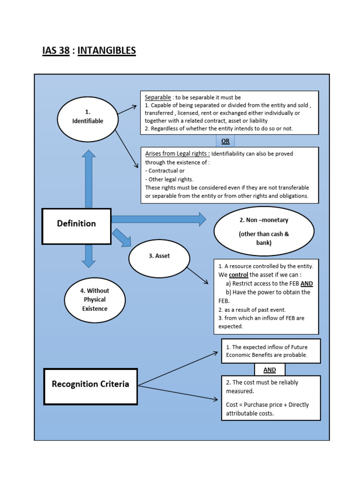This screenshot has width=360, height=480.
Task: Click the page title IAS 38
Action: (x=56, y=50)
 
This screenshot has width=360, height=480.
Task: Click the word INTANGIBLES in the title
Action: (x=106, y=50)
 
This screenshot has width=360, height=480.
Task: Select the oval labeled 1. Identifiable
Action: (x=88, y=117)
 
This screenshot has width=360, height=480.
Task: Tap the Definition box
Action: (x=76, y=226)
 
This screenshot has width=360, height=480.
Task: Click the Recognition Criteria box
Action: (x=90, y=386)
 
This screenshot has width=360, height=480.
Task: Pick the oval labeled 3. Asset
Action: (x=159, y=258)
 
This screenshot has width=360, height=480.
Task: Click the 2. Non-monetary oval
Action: (x=264, y=231)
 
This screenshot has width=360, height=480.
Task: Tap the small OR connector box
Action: (x=225, y=141)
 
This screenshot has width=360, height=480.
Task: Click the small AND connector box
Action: (x=270, y=370)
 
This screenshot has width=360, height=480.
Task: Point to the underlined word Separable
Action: (x=158, y=97)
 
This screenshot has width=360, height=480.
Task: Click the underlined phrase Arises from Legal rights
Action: (x=177, y=154)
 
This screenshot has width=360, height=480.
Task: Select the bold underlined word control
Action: (x=239, y=275)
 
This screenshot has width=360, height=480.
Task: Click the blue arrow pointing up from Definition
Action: (x=88, y=178)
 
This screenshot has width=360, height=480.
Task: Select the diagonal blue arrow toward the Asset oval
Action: (x=122, y=237)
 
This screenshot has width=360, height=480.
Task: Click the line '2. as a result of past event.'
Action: (x=252, y=309)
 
